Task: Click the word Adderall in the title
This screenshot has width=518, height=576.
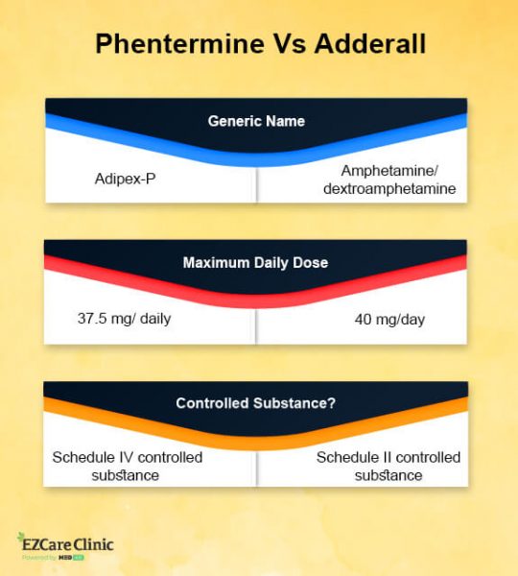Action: [364, 45]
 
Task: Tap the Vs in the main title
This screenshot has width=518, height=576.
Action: [277, 45]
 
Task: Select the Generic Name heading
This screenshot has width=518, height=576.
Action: [255, 122]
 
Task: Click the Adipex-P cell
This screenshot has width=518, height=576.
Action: [125, 179]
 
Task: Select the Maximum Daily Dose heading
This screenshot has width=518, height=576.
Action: [255, 262]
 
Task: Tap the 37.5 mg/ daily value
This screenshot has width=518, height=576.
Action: [124, 319]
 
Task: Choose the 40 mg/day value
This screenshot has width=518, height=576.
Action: [389, 319]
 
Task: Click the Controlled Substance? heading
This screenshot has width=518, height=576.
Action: [255, 403]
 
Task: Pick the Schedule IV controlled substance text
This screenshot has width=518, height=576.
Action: [127, 466]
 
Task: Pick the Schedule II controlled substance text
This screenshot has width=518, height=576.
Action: [388, 466]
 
